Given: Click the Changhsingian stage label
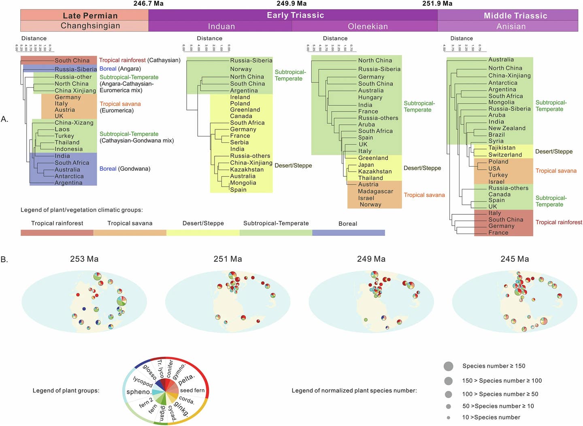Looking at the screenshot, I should [x=90, y=26].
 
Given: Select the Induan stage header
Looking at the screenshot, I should [x=221, y=26].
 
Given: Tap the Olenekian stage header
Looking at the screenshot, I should [x=368, y=26].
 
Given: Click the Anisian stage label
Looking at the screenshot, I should [x=511, y=26].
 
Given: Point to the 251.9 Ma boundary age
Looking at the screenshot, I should [x=437, y=4].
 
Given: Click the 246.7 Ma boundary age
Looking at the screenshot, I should [x=149, y=4].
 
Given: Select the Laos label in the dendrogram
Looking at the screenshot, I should [x=62, y=129].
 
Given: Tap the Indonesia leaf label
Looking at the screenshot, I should [x=68, y=149].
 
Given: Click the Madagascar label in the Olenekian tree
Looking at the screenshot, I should [x=375, y=191].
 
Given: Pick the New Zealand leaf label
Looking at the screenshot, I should [x=506, y=128].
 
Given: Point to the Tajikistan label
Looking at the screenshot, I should [x=502, y=148].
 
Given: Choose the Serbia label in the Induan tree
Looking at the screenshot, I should [x=239, y=142].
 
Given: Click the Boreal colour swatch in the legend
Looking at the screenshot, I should [x=348, y=233].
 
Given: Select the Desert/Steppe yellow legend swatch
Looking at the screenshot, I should [x=203, y=233].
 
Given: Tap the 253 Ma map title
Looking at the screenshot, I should [x=84, y=259].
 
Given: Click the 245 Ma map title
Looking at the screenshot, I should [x=515, y=259].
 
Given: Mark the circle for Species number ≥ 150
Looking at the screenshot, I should [x=448, y=366].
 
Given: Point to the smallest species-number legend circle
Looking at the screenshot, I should [x=448, y=418].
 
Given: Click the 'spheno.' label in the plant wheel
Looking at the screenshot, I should [x=138, y=392].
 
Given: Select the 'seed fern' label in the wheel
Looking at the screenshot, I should [x=192, y=390].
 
